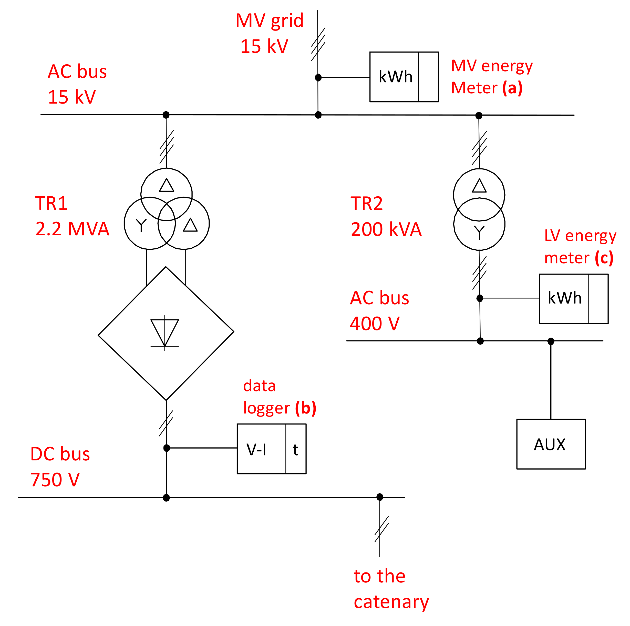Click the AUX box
click(x=551, y=444)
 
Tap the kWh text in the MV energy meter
click(x=395, y=77)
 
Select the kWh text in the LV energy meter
click(x=564, y=298)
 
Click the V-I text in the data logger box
click(x=256, y=450)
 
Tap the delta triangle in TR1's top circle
click(x=166, y=185)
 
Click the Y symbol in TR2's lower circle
click(x=479, y=232)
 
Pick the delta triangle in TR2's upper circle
click(x=479, y=186)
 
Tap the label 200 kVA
click(x=386, y=229)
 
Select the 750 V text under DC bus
click(x=55, y=480)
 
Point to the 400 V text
click(x=374, y=324)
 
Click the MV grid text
click(x=269, y=21)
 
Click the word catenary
click(x=391, y=601)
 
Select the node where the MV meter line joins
click(x=318, y=78)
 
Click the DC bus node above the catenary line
click(x=380, y=497)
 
